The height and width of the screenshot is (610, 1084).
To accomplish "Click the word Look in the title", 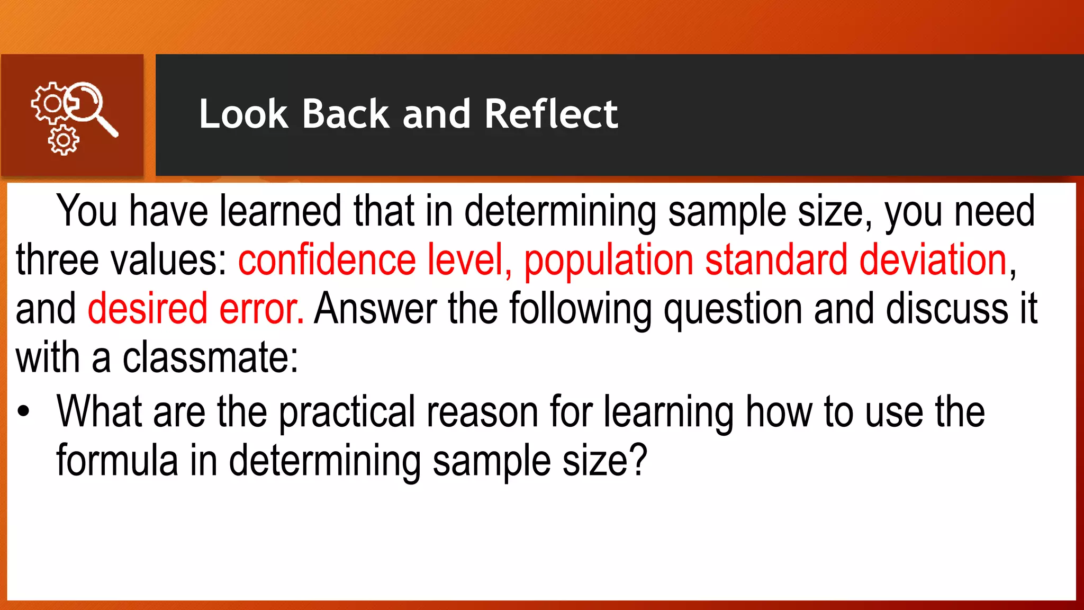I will [242, 114].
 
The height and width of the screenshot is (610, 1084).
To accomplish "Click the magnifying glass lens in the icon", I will [85, 100].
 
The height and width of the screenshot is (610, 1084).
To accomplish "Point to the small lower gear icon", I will [64, 140].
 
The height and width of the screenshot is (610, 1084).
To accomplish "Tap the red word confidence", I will [327, 260].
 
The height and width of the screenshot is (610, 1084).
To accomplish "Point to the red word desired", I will [147, 309].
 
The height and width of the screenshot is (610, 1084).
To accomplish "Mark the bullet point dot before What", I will [23, 411].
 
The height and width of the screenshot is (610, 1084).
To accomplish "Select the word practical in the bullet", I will [347, 412].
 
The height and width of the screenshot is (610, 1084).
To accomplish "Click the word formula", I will [117, 460].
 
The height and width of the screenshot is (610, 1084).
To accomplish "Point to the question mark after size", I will [638, 460].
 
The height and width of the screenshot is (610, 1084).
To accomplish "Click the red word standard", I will [776, 260].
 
